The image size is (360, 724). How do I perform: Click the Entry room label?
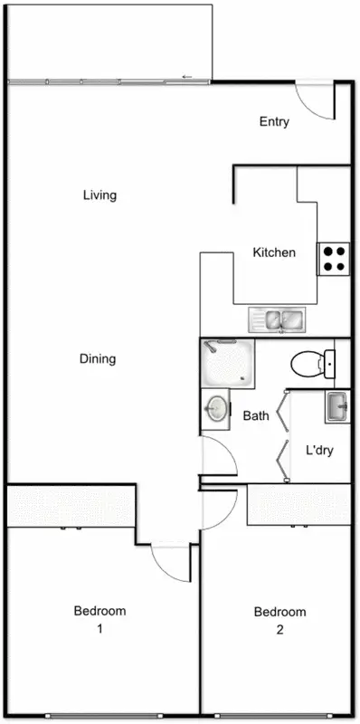[x=274, y=122]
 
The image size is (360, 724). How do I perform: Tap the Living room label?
[x=99, y=195]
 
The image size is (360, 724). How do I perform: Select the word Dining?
[x=98, y=359]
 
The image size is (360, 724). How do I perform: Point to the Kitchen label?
[x=274, y=252]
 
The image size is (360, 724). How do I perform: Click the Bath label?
[x=256, y=417]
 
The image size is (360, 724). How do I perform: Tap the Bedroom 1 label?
[x=99, y=619]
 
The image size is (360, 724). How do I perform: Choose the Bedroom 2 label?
[x=280, y=619]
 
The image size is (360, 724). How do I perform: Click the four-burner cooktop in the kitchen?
[x=333, y=259]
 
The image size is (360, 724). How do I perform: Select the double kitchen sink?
[x=279, y=319]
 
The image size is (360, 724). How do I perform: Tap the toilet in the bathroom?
[x=310, y=364]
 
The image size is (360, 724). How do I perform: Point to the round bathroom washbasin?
[x=215, y=409]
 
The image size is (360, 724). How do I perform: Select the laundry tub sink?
[x=336, y=406]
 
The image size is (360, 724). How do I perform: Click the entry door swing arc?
[x=315, y=102]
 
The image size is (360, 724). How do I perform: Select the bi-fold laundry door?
[x=284, y=434]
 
